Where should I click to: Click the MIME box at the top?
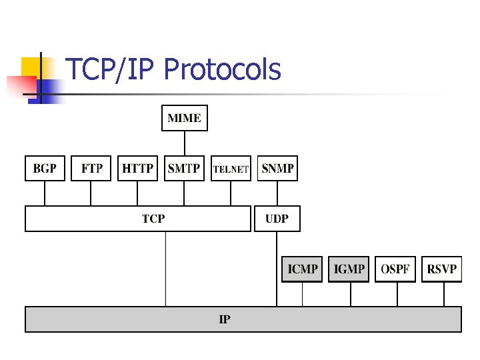[x=185, y=118]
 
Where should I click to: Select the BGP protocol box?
[x=45, y=168]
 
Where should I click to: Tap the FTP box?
[x=91, y=168]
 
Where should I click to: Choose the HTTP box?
[x=137, y=168]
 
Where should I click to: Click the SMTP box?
[x=184, y=168]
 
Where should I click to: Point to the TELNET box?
[x=231, y=169]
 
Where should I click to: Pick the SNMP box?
[x=277, y=168]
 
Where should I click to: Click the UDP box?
[x=277, y=219]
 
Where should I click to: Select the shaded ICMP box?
[x=302, y=269]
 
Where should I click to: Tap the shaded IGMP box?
[x=349, y=269]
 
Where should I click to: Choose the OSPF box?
[x=396, y=269]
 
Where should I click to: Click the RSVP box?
[x=442, y=269]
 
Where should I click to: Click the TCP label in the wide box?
[x=153, y=218]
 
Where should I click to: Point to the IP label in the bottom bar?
[x=225, y=319]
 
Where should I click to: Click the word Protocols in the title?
[x=222, y=69]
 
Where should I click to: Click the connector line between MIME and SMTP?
[x=185, y=143]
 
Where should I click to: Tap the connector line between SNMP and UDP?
[x=277, y=193]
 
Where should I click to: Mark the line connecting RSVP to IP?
[x=443, y=294]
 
